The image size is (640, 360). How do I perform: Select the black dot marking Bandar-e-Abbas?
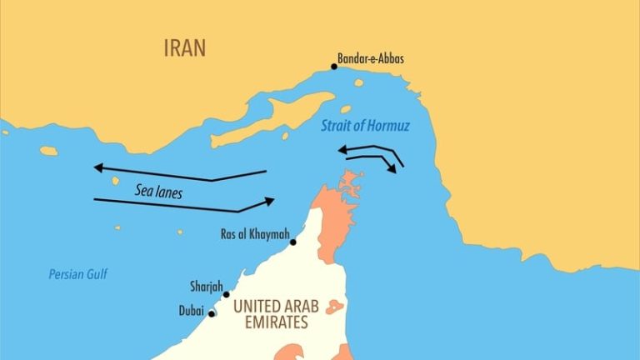pos(334,67)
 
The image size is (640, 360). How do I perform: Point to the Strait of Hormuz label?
pos(360,127)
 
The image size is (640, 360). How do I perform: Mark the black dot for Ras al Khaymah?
pos(292,242)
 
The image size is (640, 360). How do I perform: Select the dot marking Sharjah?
pos(226,294)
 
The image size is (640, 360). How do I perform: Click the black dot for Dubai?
pos(211,314)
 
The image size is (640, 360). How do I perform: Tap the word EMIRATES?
pos(269,322)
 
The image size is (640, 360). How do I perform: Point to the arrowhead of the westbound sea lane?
pos(97,167)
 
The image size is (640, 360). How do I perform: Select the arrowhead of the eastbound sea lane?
pos(269,200)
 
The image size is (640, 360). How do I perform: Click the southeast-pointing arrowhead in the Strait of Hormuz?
pos(391,169)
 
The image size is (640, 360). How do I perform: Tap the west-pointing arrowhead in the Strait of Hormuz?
pos(342,149)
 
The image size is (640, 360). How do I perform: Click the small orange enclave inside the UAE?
pos(335,307)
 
